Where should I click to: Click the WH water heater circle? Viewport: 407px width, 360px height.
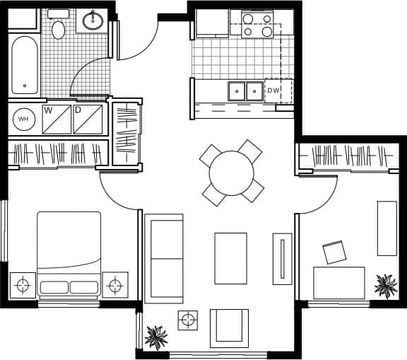click(x=23, y=119)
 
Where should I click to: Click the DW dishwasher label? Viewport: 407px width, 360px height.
click(x=273, y=91)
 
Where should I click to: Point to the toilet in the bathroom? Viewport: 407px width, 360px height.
click(x=59, y=28)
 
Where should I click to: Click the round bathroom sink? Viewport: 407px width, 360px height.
click(x=93, y=21)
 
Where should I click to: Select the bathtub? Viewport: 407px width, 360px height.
click(x=25, y=64)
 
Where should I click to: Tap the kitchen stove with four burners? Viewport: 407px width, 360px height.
click(x=257, y=25)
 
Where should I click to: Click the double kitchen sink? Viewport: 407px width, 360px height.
click(x=244, y=91)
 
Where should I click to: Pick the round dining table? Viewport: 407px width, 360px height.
click(x=231, y=172)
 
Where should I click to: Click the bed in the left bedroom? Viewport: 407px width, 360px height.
click(x=69, y=253)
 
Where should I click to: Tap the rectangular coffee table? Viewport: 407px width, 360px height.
click(x=230, y=258)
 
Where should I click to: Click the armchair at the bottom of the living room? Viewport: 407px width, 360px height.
click(x=229, y=327)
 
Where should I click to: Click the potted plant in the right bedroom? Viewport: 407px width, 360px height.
click(x=386, y=285)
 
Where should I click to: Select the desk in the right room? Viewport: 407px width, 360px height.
click(x=339, y=282)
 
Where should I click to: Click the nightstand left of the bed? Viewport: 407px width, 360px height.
click(x=23, y=285)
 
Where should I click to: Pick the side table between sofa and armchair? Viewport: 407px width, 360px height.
click(x=188, y=320)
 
